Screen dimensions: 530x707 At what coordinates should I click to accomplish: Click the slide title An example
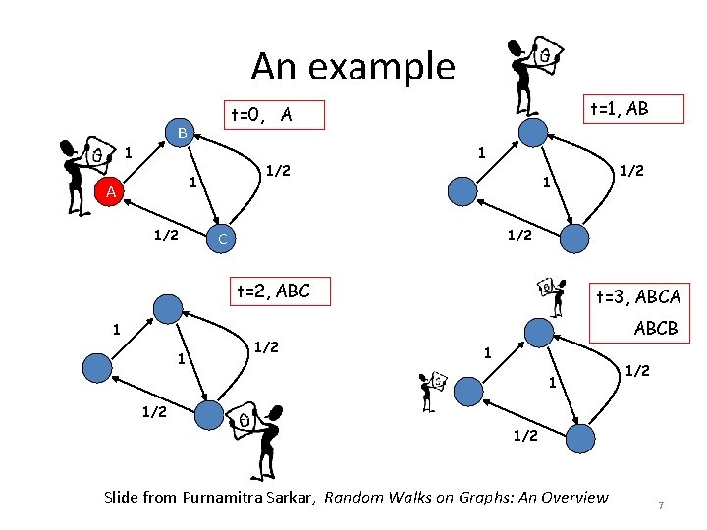[x=353, y=66]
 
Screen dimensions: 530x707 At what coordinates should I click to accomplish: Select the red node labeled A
[x=111, y=193]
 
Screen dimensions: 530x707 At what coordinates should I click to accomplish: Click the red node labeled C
[x=223, y=238]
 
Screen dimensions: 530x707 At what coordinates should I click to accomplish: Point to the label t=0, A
[x=260, y=116]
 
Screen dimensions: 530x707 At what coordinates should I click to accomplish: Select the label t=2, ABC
[x=273, y=291]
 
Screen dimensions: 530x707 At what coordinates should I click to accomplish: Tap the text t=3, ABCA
[x=637, y=296]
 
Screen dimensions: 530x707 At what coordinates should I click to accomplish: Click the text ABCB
[x=656, y=328]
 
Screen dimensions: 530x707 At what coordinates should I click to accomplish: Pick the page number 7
[x=662, y=504]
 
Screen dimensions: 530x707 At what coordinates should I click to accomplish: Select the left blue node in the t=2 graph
[x=98, y=368]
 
